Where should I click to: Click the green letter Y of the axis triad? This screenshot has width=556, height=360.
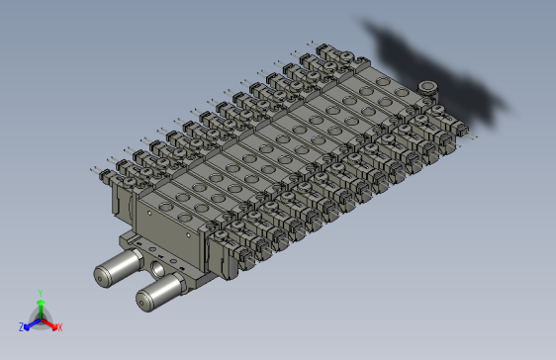coord(40,292)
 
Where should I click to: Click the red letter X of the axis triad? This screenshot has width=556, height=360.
coord(59,326)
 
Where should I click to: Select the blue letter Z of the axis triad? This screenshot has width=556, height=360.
coord(22,326)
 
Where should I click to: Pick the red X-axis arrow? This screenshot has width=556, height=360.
coord(50,322)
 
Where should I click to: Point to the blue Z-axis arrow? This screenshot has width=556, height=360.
coord(31,323)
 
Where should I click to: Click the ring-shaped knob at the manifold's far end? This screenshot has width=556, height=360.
coord(427,89)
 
